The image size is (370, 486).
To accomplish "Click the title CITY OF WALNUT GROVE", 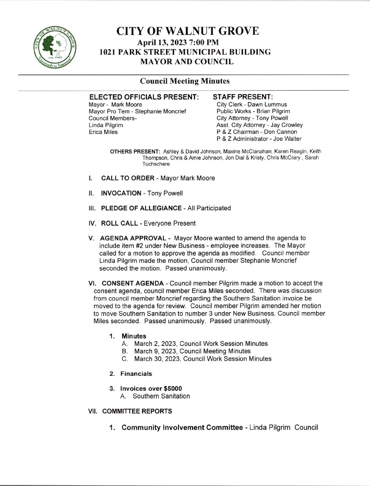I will click(188, 31).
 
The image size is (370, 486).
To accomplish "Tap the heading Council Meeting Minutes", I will click(185, 81).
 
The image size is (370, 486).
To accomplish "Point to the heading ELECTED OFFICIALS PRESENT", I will click(144, 97).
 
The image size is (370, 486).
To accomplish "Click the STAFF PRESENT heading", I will click(243, 97).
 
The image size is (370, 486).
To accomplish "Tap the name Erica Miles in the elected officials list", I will click(103, 132).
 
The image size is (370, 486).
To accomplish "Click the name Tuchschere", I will click(156, 164).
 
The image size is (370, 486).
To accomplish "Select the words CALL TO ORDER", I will click(128, 178).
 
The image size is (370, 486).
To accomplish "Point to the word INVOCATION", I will click(121, 193).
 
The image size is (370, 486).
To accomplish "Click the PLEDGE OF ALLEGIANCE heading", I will click(141, 208).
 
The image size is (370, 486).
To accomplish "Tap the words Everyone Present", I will click(170, 223).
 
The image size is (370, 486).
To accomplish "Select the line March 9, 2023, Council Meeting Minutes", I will click(192, 351).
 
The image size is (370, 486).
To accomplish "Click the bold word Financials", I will click(136, 374).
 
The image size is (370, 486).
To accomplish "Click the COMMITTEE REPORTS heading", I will click(137, 411).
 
